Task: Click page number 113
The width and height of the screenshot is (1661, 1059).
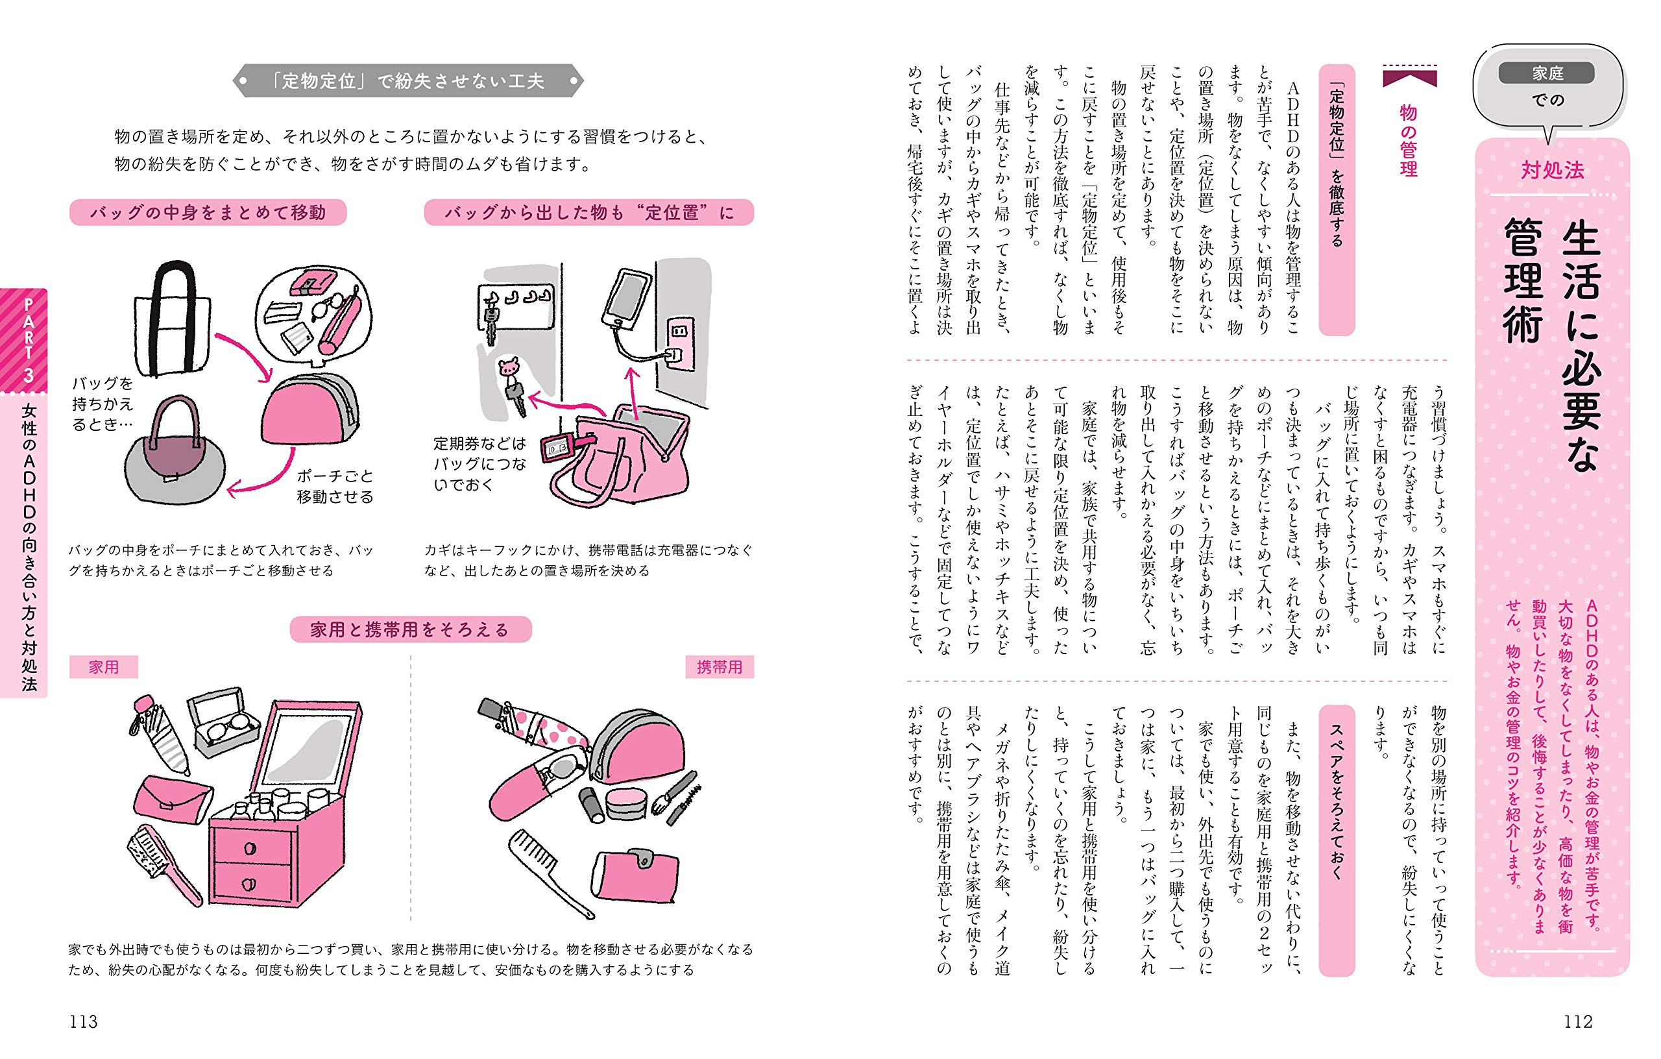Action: (x=84, y=1022)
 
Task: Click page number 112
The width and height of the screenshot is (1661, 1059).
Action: (x=1577, y=1022)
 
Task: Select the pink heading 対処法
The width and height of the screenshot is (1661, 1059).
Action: (x=1552, y=170)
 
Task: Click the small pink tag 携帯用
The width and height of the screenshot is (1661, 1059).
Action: (x=720, y=667)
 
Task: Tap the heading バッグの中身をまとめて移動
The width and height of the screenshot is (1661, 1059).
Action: (x=208, y=212)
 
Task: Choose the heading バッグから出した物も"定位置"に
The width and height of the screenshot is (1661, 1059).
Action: (x=589, y=212)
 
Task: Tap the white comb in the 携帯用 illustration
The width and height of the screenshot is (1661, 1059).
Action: (x=552, y=873)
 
